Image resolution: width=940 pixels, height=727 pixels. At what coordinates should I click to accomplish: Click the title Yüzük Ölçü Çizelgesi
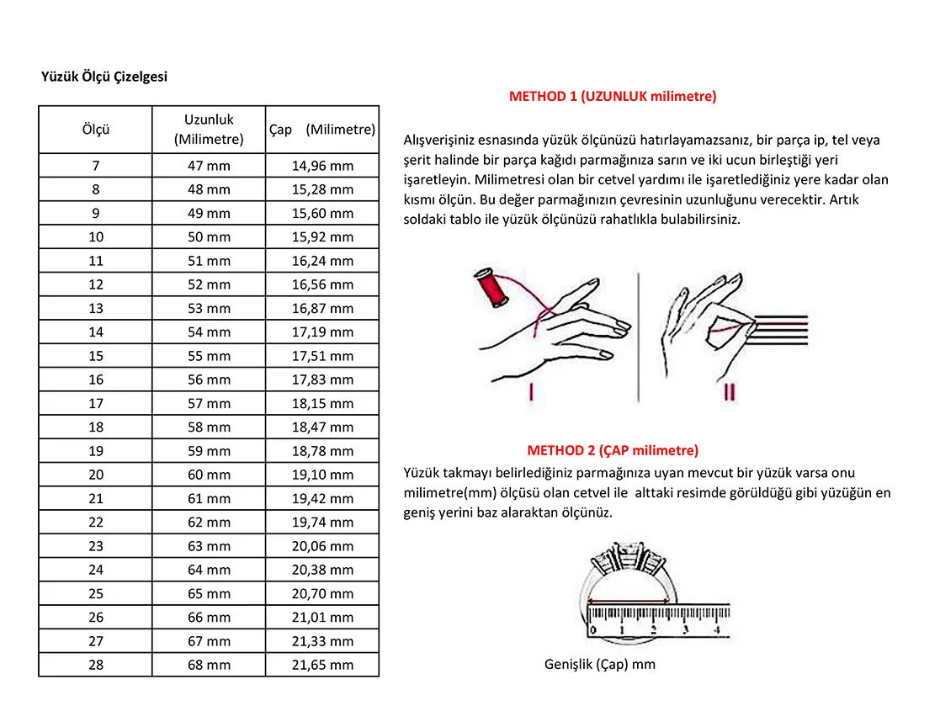pos(104,77)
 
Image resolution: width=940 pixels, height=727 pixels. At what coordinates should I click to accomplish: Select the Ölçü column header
pos(96,130)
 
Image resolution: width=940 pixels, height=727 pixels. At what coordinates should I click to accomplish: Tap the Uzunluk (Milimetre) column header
pos(209,130)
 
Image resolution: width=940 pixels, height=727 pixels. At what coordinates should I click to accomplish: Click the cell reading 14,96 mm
pos(322,166)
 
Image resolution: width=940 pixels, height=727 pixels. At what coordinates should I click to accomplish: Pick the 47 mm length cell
pos(209,166)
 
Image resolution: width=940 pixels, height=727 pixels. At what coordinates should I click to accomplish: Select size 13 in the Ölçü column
pos(96,308)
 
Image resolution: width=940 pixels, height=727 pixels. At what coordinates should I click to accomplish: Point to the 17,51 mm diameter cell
pos(322,355)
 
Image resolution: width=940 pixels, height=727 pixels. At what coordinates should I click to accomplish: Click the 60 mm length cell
pos(209,475)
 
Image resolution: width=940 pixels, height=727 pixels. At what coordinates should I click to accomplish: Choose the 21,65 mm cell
pos(322,665)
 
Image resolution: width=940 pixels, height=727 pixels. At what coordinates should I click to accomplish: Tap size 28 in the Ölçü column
pos(96,665)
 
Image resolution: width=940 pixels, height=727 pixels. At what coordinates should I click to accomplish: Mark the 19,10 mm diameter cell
pos(322,475)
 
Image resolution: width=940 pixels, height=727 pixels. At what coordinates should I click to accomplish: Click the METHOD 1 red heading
pos(613,97)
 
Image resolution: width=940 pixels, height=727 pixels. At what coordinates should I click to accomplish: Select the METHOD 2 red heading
pos(613,450)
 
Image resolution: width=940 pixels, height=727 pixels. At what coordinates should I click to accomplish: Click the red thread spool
pos(490,289)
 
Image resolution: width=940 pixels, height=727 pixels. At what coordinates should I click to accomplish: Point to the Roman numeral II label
pos(729,392)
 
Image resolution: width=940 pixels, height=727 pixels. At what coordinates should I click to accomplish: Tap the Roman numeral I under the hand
pos(531,392)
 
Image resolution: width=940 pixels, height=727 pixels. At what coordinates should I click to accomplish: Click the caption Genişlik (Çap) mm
pos(600,665)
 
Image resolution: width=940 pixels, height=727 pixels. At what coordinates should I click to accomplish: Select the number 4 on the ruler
pos(716,629)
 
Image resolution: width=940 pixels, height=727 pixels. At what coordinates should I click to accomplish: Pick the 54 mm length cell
pos(209,332)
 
